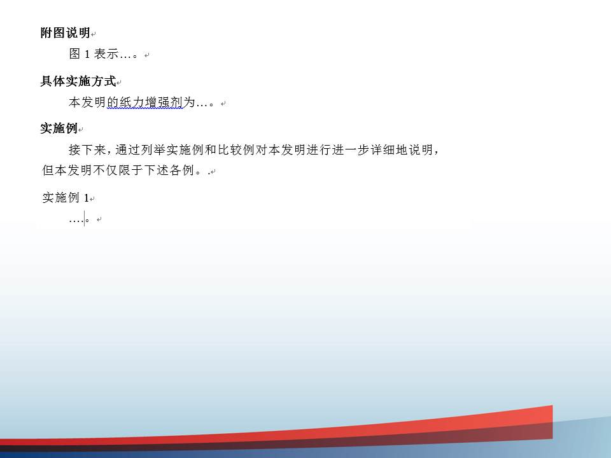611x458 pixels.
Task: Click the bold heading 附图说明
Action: pyautogui.click(x=66, y=32)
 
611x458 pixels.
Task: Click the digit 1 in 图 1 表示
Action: pyautogui.click(x=87, y=54)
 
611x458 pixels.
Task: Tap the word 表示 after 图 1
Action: pyautogui.click(x=106, y=53)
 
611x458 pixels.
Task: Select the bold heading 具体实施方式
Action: pyautogui.click(x=78, y=81)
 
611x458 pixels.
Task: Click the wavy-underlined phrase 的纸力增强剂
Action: pyautogui.click(x=144, y=102)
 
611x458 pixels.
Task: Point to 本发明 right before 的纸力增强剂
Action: pyautogui.click(x=87, y=102)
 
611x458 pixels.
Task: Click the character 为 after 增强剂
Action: pyautogui.click(x=189, y=102)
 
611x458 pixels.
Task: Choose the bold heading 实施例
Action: pyautogui.click(x=59, y=128)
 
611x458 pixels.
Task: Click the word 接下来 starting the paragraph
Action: pyautogui.click(x=87, y=149)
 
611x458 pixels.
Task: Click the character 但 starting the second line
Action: pyautogui.click(x=48, y=170)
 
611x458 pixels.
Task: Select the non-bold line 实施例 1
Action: pyautogui.click(x=66, y=197)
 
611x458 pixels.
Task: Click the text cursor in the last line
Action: pyautogui.click(x=84, y=218)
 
